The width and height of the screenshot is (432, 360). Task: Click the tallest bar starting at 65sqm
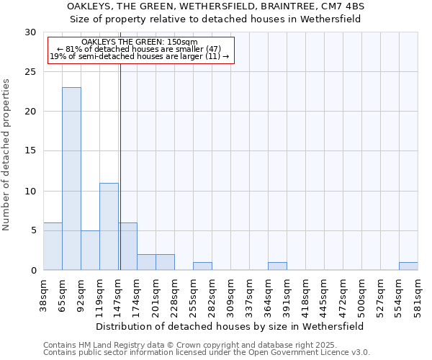click(x=71, y=179)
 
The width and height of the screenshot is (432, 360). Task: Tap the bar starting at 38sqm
click(x=53, y=246)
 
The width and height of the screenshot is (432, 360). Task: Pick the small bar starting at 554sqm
click(x=408, y=266)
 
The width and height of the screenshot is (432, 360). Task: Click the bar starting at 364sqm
click(x=277, y=266)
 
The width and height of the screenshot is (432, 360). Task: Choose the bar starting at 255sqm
click(x=202, y=266)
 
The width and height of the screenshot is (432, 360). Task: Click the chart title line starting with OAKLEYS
click(x=216, y=6)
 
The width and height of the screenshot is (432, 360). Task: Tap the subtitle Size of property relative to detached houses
click(x=216, y=19)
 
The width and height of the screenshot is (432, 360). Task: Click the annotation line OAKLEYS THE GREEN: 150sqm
click(x=140, y=42)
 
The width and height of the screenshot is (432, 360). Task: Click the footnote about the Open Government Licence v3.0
click(x=207, y=353)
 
